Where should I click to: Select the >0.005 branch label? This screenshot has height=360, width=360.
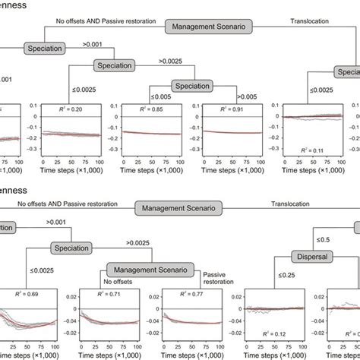click(x=248, y=96)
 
